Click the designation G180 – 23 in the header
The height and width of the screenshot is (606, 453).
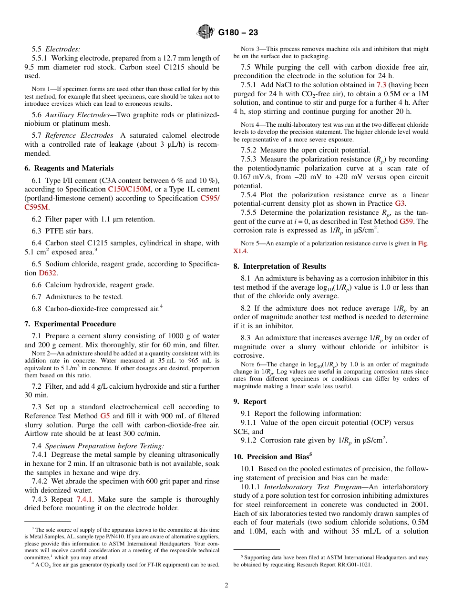pyautogui.click(x=238, y=32)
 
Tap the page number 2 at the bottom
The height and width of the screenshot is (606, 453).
pyautogui.click(x=226, y=586)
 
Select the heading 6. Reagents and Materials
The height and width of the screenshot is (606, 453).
pyautogui.click(x=69, y=168)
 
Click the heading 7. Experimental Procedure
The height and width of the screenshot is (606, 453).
pyautogui.click(x=70, y=324)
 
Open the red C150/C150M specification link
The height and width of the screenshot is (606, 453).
pyautogui.click(x=129, y=189)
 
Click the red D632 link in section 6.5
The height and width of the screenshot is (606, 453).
pyautogui.click(x=48, y=273)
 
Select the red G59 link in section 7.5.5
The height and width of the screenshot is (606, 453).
pyautogui.click(x=407, y=222)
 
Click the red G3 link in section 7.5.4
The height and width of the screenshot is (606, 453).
pyautogui.click(x=400, y=204)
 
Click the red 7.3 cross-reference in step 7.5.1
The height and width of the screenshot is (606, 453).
pyautogui.click(x=381, y=85)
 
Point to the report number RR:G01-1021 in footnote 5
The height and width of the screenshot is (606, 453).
pyautogui.click(x=351, y=565)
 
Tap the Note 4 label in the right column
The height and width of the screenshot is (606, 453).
pyautogui.click(x=249, y=125)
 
